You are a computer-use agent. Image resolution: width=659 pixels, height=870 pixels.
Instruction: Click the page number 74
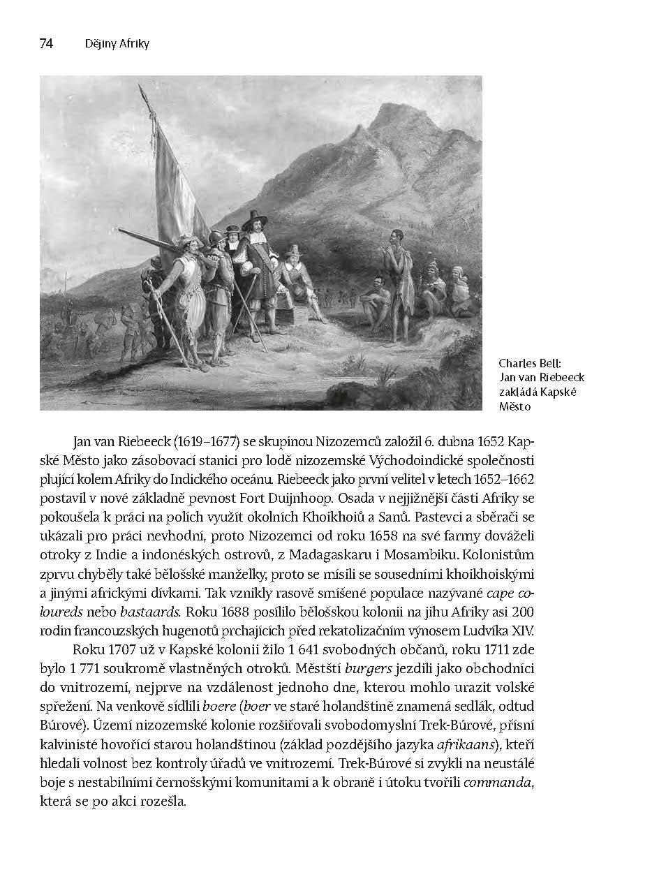tap(46, 44)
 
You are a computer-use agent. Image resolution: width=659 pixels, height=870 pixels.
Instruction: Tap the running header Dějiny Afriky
tap(117, 44)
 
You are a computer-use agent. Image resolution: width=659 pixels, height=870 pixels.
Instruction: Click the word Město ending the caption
tap(515, 406)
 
